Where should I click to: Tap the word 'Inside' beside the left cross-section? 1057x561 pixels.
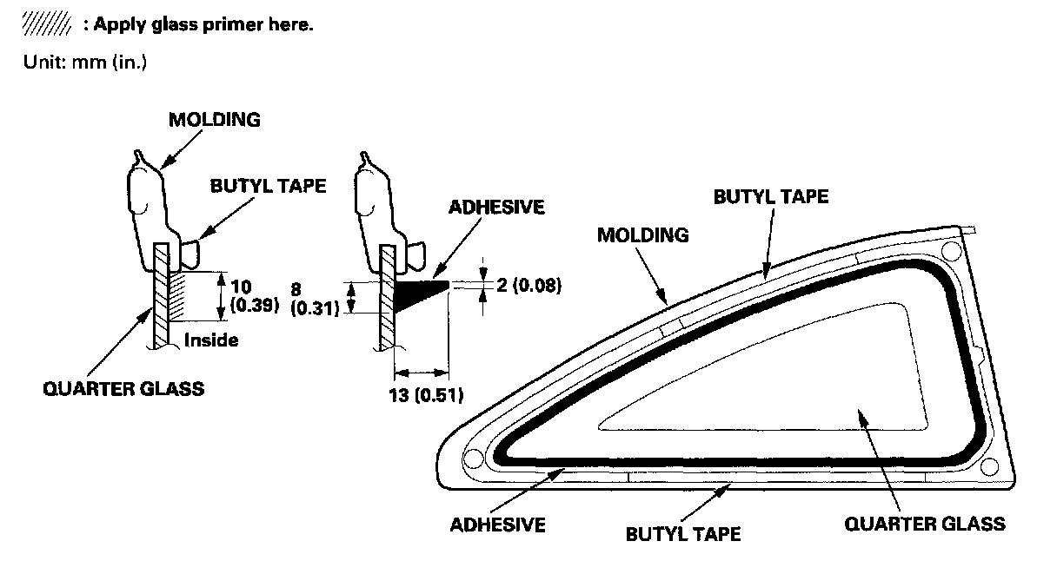point(210,340)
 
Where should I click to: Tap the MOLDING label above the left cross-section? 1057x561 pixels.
point(214,120)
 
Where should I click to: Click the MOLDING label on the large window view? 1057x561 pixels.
point(642,234)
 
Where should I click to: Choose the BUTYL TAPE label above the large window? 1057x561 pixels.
point(771,196)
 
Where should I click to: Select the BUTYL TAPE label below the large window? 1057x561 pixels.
point(683,532)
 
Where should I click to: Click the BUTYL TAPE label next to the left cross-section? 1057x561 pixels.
point(269,186)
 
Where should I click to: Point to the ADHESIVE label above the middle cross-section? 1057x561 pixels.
point(496,207)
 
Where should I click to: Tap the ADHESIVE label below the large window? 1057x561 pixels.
point(498,525)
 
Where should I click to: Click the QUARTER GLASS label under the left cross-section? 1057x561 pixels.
point(123,387)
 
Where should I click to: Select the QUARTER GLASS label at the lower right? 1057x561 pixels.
point(925,524)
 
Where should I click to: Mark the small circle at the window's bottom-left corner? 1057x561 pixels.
point(474,458)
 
